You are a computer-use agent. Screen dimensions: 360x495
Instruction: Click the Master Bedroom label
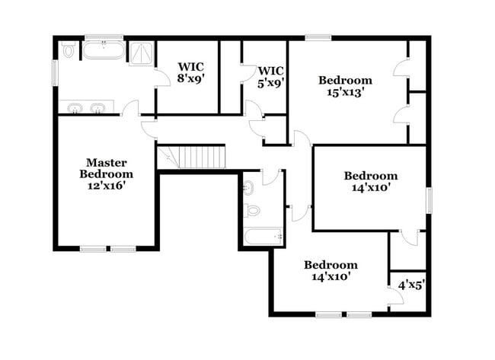click(106, 168)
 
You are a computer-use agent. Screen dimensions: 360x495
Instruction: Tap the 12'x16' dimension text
click(106, 185)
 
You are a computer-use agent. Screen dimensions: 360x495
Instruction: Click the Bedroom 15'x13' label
click(345, 86)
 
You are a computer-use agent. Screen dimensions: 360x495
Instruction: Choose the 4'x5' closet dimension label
click(411, 285)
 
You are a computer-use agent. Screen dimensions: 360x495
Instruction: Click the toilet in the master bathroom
click(69, 50)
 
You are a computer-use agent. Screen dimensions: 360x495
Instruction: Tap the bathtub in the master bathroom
click(104, 53)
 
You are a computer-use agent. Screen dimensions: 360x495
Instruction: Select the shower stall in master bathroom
click(141, 53)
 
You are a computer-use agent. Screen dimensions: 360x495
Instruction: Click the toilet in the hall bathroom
click(252, 210)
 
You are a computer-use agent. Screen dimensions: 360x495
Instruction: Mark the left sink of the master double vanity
click(75, 108)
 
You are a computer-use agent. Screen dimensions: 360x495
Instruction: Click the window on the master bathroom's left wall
click(55, 73)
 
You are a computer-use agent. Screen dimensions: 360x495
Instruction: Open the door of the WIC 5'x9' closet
click(247, 73)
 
